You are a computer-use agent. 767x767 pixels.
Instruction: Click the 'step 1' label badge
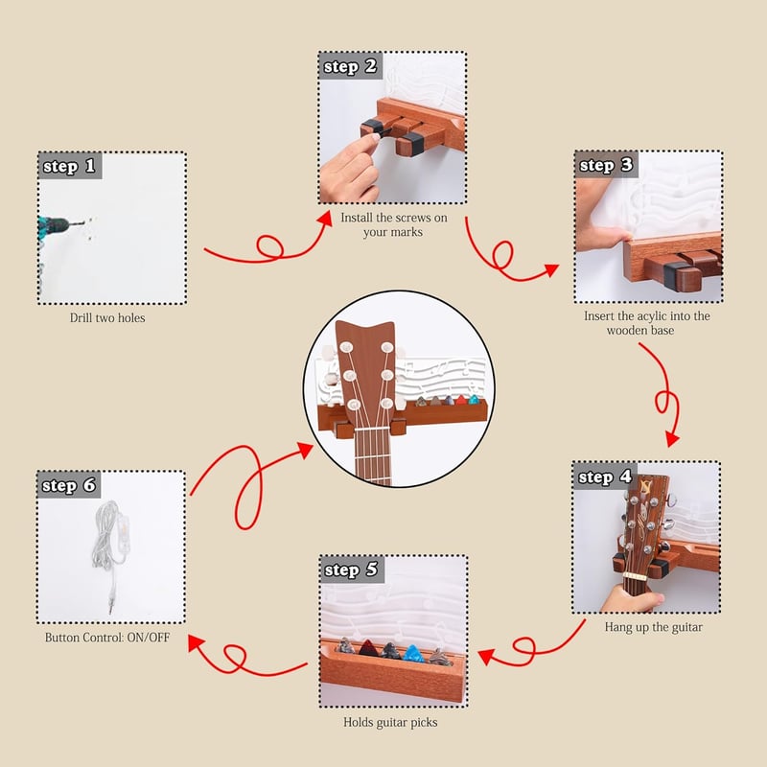(x=70, y=166)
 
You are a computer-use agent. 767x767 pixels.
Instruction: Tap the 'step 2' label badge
(x=350, y=66)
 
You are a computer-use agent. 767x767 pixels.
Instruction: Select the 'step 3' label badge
(x=606, y=165)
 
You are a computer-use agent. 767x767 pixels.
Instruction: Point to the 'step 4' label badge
(x=605, y=476)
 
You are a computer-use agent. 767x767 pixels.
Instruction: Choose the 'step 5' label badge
(x=352, y=569)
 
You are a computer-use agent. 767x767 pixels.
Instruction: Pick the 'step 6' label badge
(x=69, y=485)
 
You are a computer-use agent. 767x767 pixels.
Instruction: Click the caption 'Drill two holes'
(x=107, y=318)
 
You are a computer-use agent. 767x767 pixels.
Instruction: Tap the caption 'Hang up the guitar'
(x=654, y=627)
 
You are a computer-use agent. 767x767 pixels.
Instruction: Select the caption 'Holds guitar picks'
(x=390, y=723)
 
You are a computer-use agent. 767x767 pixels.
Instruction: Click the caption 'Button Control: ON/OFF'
(x=107, y=638)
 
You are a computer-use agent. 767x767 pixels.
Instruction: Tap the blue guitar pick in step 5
(x=413, y=654)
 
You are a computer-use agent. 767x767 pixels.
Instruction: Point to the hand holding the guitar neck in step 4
(x=632, y=598)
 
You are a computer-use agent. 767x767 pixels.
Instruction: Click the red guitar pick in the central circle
(x=461, y=400)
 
